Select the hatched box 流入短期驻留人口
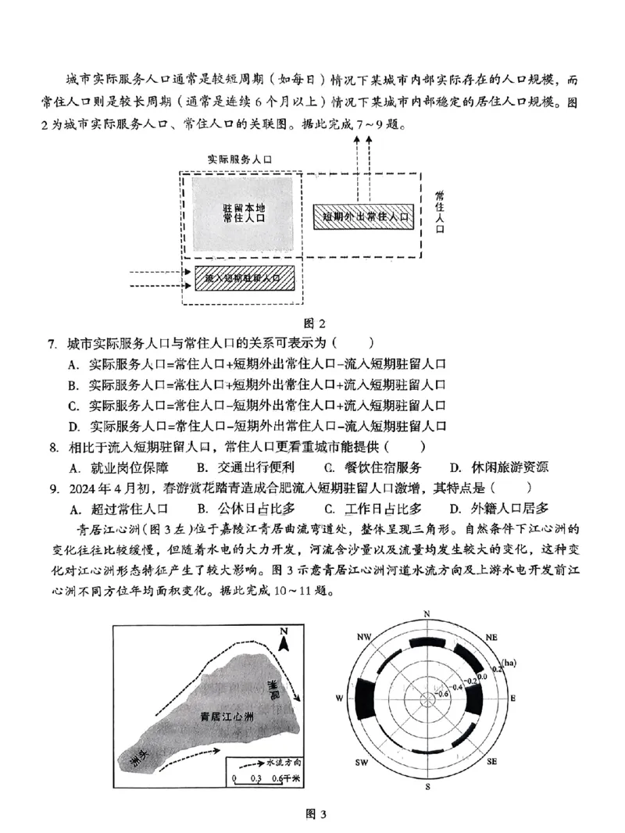pos(241,277)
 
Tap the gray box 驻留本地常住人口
pos(243,213)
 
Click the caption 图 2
pos(312,323)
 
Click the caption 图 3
pos(312,815)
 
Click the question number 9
pos(52,488)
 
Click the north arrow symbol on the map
pos(286,642)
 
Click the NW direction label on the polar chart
pos(362,638)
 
